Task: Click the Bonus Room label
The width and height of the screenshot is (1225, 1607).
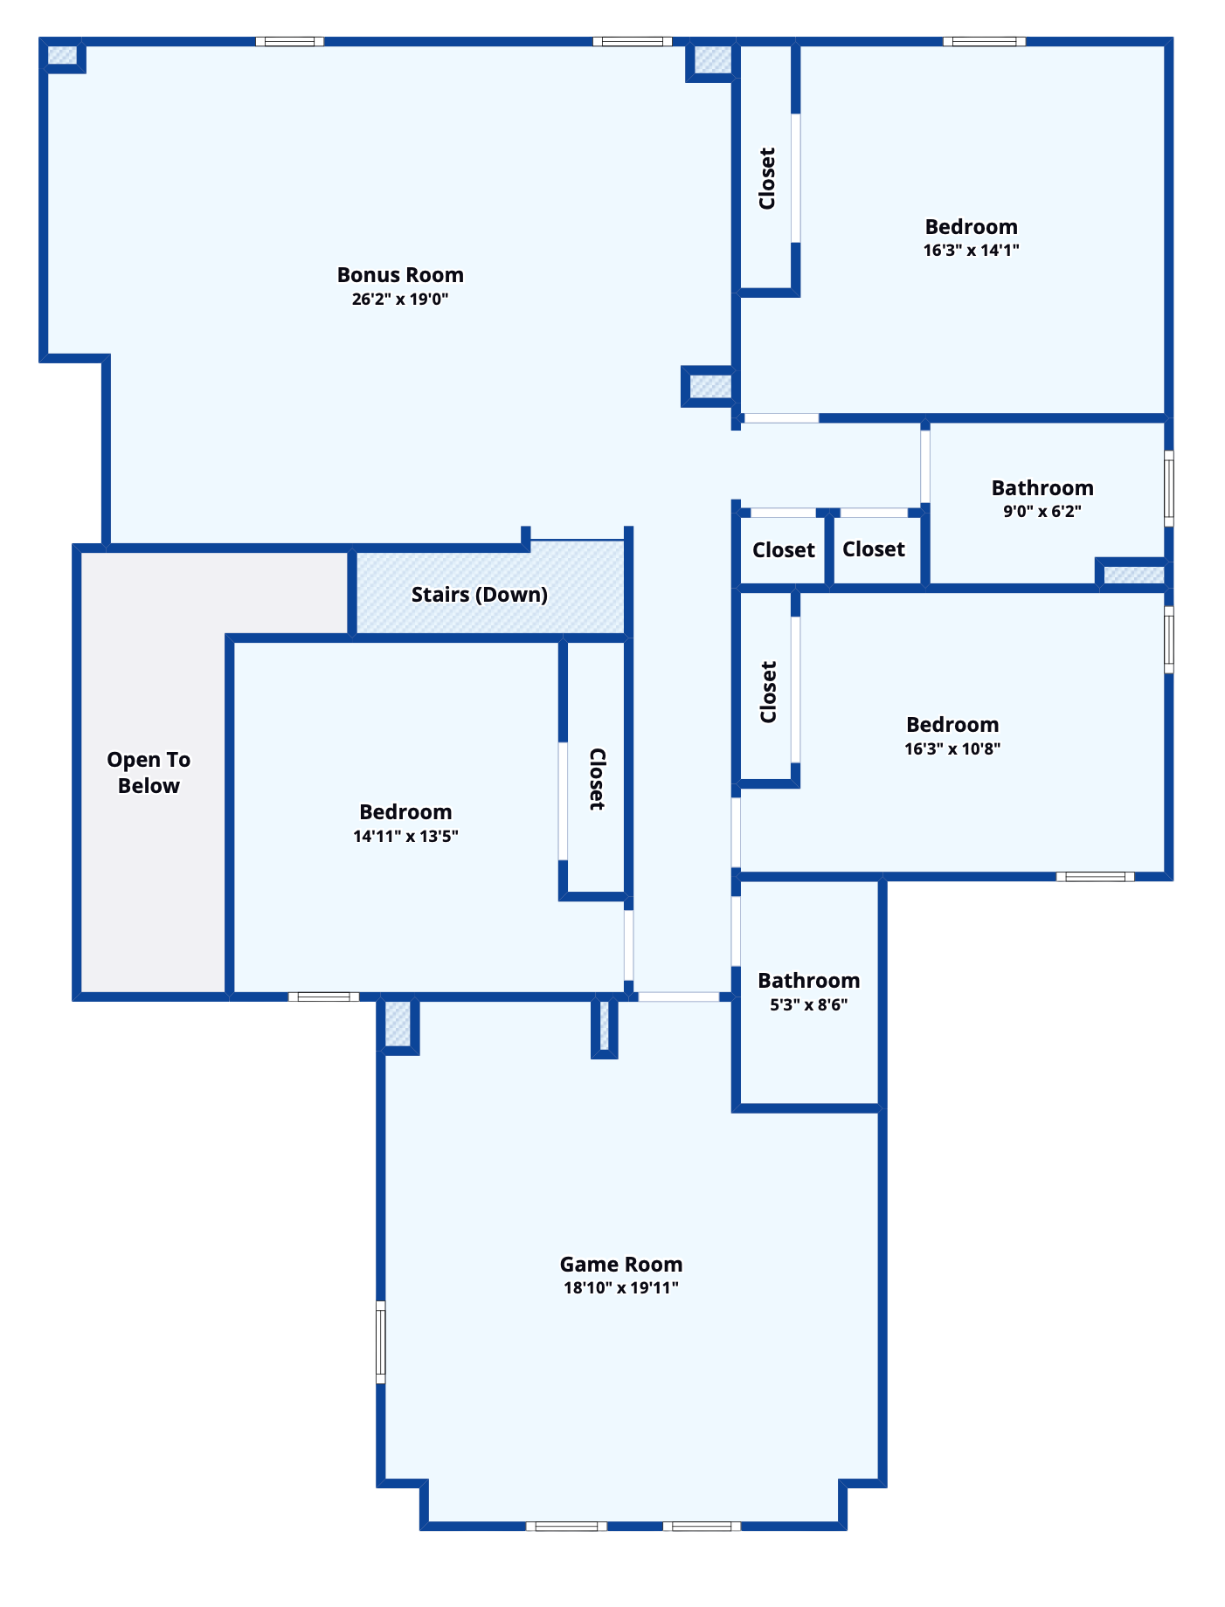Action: click(400, 275)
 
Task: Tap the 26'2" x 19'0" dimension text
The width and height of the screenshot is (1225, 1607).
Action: click(400, 300)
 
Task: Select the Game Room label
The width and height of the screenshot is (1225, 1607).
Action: click(621, 1265)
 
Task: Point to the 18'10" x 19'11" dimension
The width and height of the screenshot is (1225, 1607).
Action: click(621, 1287)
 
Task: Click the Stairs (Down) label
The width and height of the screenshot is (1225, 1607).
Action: click(480, 595)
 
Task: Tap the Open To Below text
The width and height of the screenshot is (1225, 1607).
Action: click(149, 773)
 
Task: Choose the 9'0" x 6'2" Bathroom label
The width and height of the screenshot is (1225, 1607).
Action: click(1042, 488)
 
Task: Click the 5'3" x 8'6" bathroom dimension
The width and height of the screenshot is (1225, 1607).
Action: click(808, 1005)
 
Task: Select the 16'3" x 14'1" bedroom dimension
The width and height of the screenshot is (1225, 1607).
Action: click(972, 251)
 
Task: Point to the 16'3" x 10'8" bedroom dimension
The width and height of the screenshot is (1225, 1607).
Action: click(952, 748)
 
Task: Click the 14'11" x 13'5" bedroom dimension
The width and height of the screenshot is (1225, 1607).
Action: click(405, 837)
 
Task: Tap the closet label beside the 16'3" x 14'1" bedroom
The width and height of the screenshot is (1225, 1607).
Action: click(767, 178)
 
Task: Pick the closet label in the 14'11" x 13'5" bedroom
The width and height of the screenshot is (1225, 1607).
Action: click(597, 779)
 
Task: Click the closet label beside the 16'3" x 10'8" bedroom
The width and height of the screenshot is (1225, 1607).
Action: click(768, 692)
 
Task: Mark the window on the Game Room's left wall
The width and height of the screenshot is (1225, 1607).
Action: click(381, 1342)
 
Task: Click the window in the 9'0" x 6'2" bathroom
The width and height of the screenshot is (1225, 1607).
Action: click(1169, 488)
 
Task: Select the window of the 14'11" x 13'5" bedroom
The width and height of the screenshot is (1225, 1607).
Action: click(323, 997)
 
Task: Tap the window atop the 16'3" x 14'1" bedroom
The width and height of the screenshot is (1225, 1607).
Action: click(984, 41)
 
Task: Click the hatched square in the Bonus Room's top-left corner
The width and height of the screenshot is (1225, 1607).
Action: click(61, 55)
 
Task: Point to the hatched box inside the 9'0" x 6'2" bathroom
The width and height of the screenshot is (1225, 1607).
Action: click(1133, 575)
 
